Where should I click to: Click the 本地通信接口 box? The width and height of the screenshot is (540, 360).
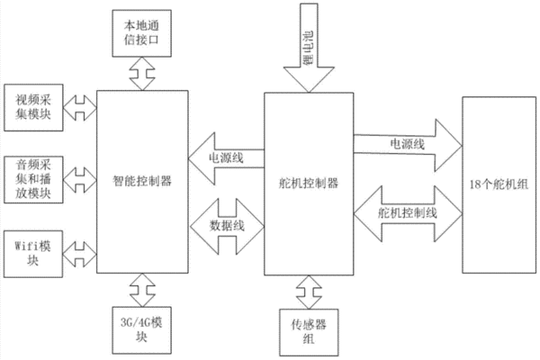tap(142, 33)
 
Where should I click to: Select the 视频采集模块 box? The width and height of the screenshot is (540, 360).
tap(33, 107)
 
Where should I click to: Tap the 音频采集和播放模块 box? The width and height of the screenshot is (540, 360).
tap(33, 179)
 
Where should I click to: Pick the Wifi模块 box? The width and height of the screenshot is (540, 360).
tap(33, 254)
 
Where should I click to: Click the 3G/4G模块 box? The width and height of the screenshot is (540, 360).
tap(142, 330)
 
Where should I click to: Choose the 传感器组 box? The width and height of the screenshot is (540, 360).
tap(309, 332)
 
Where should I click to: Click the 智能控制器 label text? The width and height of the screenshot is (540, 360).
tap(142, 181)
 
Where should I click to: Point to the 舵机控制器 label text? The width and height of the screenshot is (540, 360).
tap(309, 183)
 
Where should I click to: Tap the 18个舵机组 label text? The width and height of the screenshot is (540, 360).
tap(499, 184)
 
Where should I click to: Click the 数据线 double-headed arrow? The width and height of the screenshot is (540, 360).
tap(227, 226)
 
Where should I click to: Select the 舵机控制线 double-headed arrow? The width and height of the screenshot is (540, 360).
tap(408, 213)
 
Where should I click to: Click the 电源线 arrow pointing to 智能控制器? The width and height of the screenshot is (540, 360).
tap(226, 158)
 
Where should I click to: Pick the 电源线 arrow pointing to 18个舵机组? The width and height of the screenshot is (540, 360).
tap(408, 145)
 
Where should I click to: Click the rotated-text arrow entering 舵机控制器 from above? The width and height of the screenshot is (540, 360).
tap(309, 49)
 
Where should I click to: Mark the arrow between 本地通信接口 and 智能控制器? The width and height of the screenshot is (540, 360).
tap(142, 74)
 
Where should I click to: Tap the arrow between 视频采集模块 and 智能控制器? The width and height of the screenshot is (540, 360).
tap(80, 108)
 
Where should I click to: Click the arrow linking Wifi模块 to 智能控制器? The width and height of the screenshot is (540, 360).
tap(80, 254)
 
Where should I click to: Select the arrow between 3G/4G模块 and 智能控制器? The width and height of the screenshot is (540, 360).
tap(142, 290)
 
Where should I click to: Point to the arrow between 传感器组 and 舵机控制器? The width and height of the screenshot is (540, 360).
tap(309, 292)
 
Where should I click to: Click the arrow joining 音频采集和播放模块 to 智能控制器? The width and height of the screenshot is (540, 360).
tap(80, 180)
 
